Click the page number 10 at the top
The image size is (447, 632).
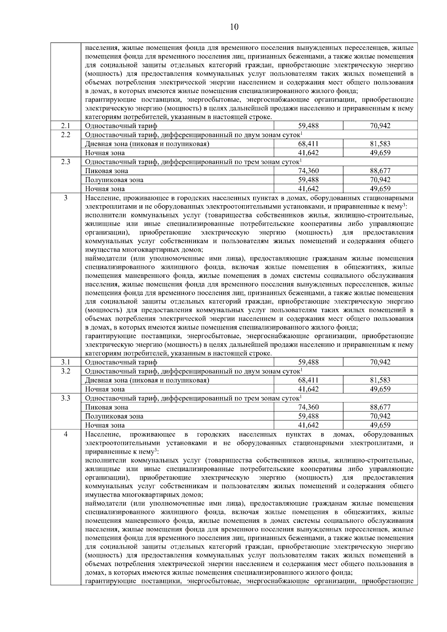click(234, 26)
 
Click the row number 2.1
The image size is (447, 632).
click(66, 126)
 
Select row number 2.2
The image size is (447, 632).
click(66, 135)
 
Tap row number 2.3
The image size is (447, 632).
click(66, 162)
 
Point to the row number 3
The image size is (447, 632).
click(66, 198)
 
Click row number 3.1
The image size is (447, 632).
click(66, 362)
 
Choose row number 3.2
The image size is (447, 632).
click(66, 371)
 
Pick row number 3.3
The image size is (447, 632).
click(66, 398)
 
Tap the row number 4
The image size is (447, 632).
click(66, 434)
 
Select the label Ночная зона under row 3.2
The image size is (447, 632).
click(105, 389)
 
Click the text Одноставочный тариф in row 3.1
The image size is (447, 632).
click(121, 362)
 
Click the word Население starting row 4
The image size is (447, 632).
click(102, 435)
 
